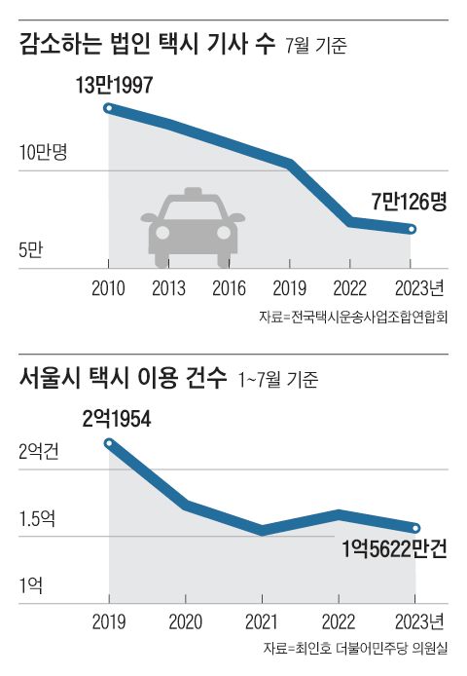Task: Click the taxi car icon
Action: point(195,221)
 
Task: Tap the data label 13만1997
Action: point(115,86)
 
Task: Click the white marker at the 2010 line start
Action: point(109,108)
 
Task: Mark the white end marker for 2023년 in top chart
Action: point(412,229)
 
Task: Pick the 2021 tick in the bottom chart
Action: point(262,621)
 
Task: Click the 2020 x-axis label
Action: point(185,621)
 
